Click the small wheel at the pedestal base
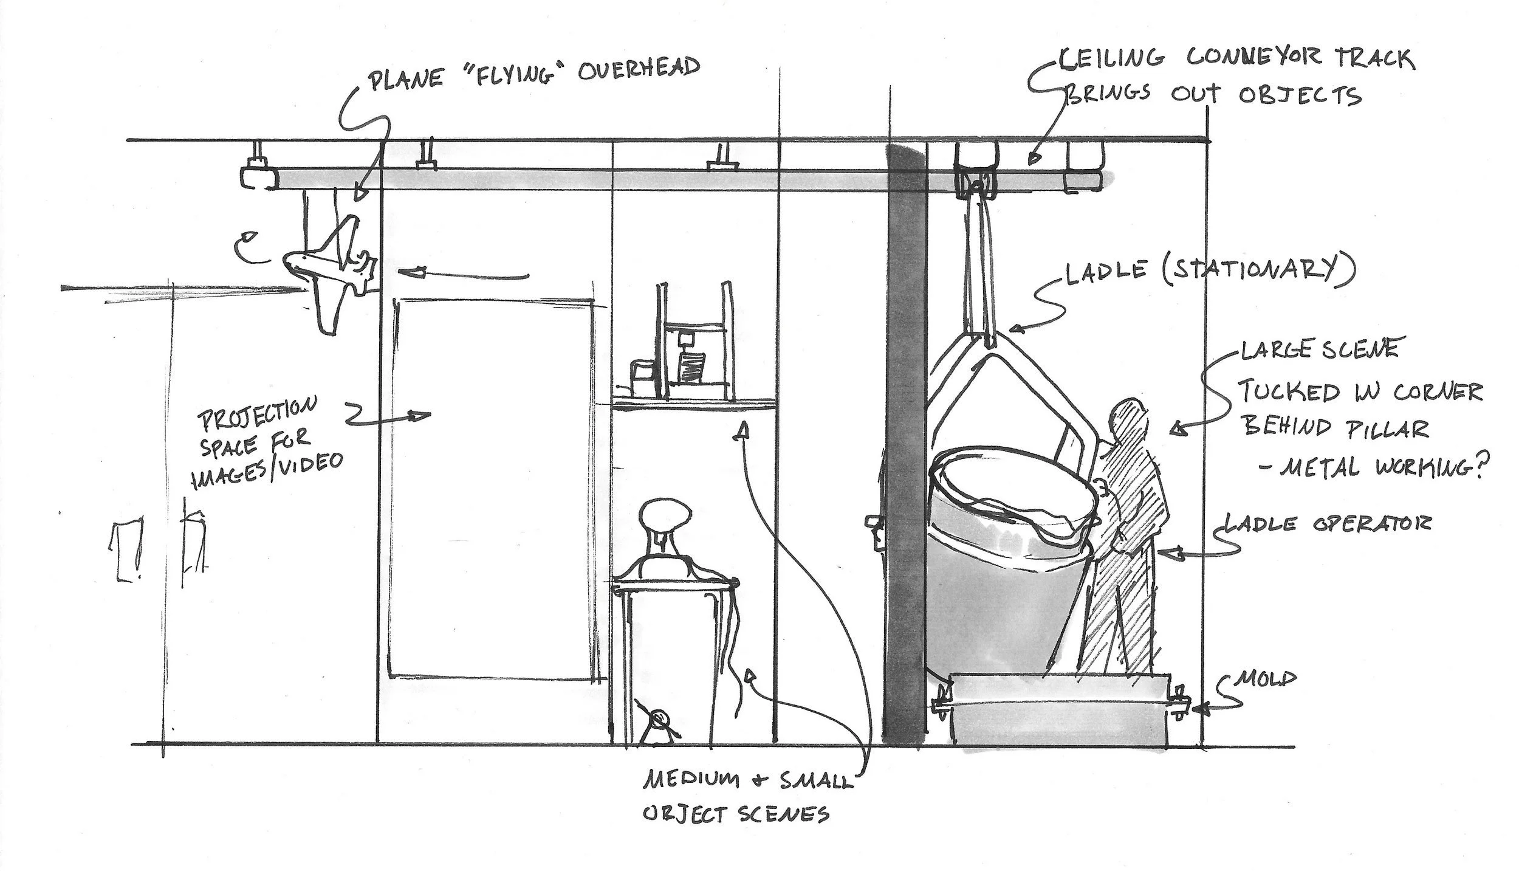coord(658,720)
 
